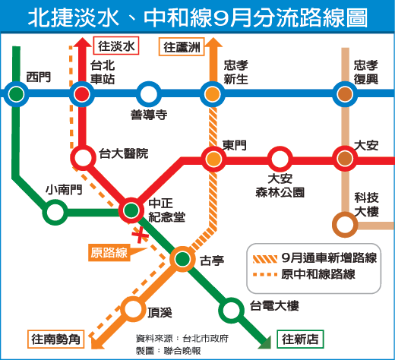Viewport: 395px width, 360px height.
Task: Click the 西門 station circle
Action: point(16,94)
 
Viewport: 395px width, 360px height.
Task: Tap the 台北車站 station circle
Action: point(82,94)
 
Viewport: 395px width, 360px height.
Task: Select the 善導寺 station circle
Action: point(149,94)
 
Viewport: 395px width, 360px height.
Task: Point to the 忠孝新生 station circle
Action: point(213,94)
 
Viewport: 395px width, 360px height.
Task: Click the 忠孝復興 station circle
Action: point(345,94)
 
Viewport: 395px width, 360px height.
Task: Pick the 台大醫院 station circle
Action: point(83,158)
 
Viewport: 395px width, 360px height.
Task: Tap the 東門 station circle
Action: point(213,159)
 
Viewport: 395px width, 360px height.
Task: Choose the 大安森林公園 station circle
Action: point(280,159)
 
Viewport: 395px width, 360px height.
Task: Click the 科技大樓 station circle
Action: point(345,225)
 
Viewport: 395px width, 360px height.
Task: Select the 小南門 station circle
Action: point(55,212)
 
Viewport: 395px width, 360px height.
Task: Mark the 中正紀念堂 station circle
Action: point(131,210)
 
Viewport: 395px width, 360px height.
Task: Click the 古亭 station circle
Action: point(182,259)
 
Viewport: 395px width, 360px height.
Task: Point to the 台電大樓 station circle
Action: point(231,311)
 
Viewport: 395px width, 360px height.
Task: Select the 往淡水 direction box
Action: point(116,46)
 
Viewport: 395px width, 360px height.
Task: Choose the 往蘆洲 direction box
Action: point(182,47)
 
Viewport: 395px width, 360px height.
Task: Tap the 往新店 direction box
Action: point(300,339)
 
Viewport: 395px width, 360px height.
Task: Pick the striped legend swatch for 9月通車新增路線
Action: point(265,259)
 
